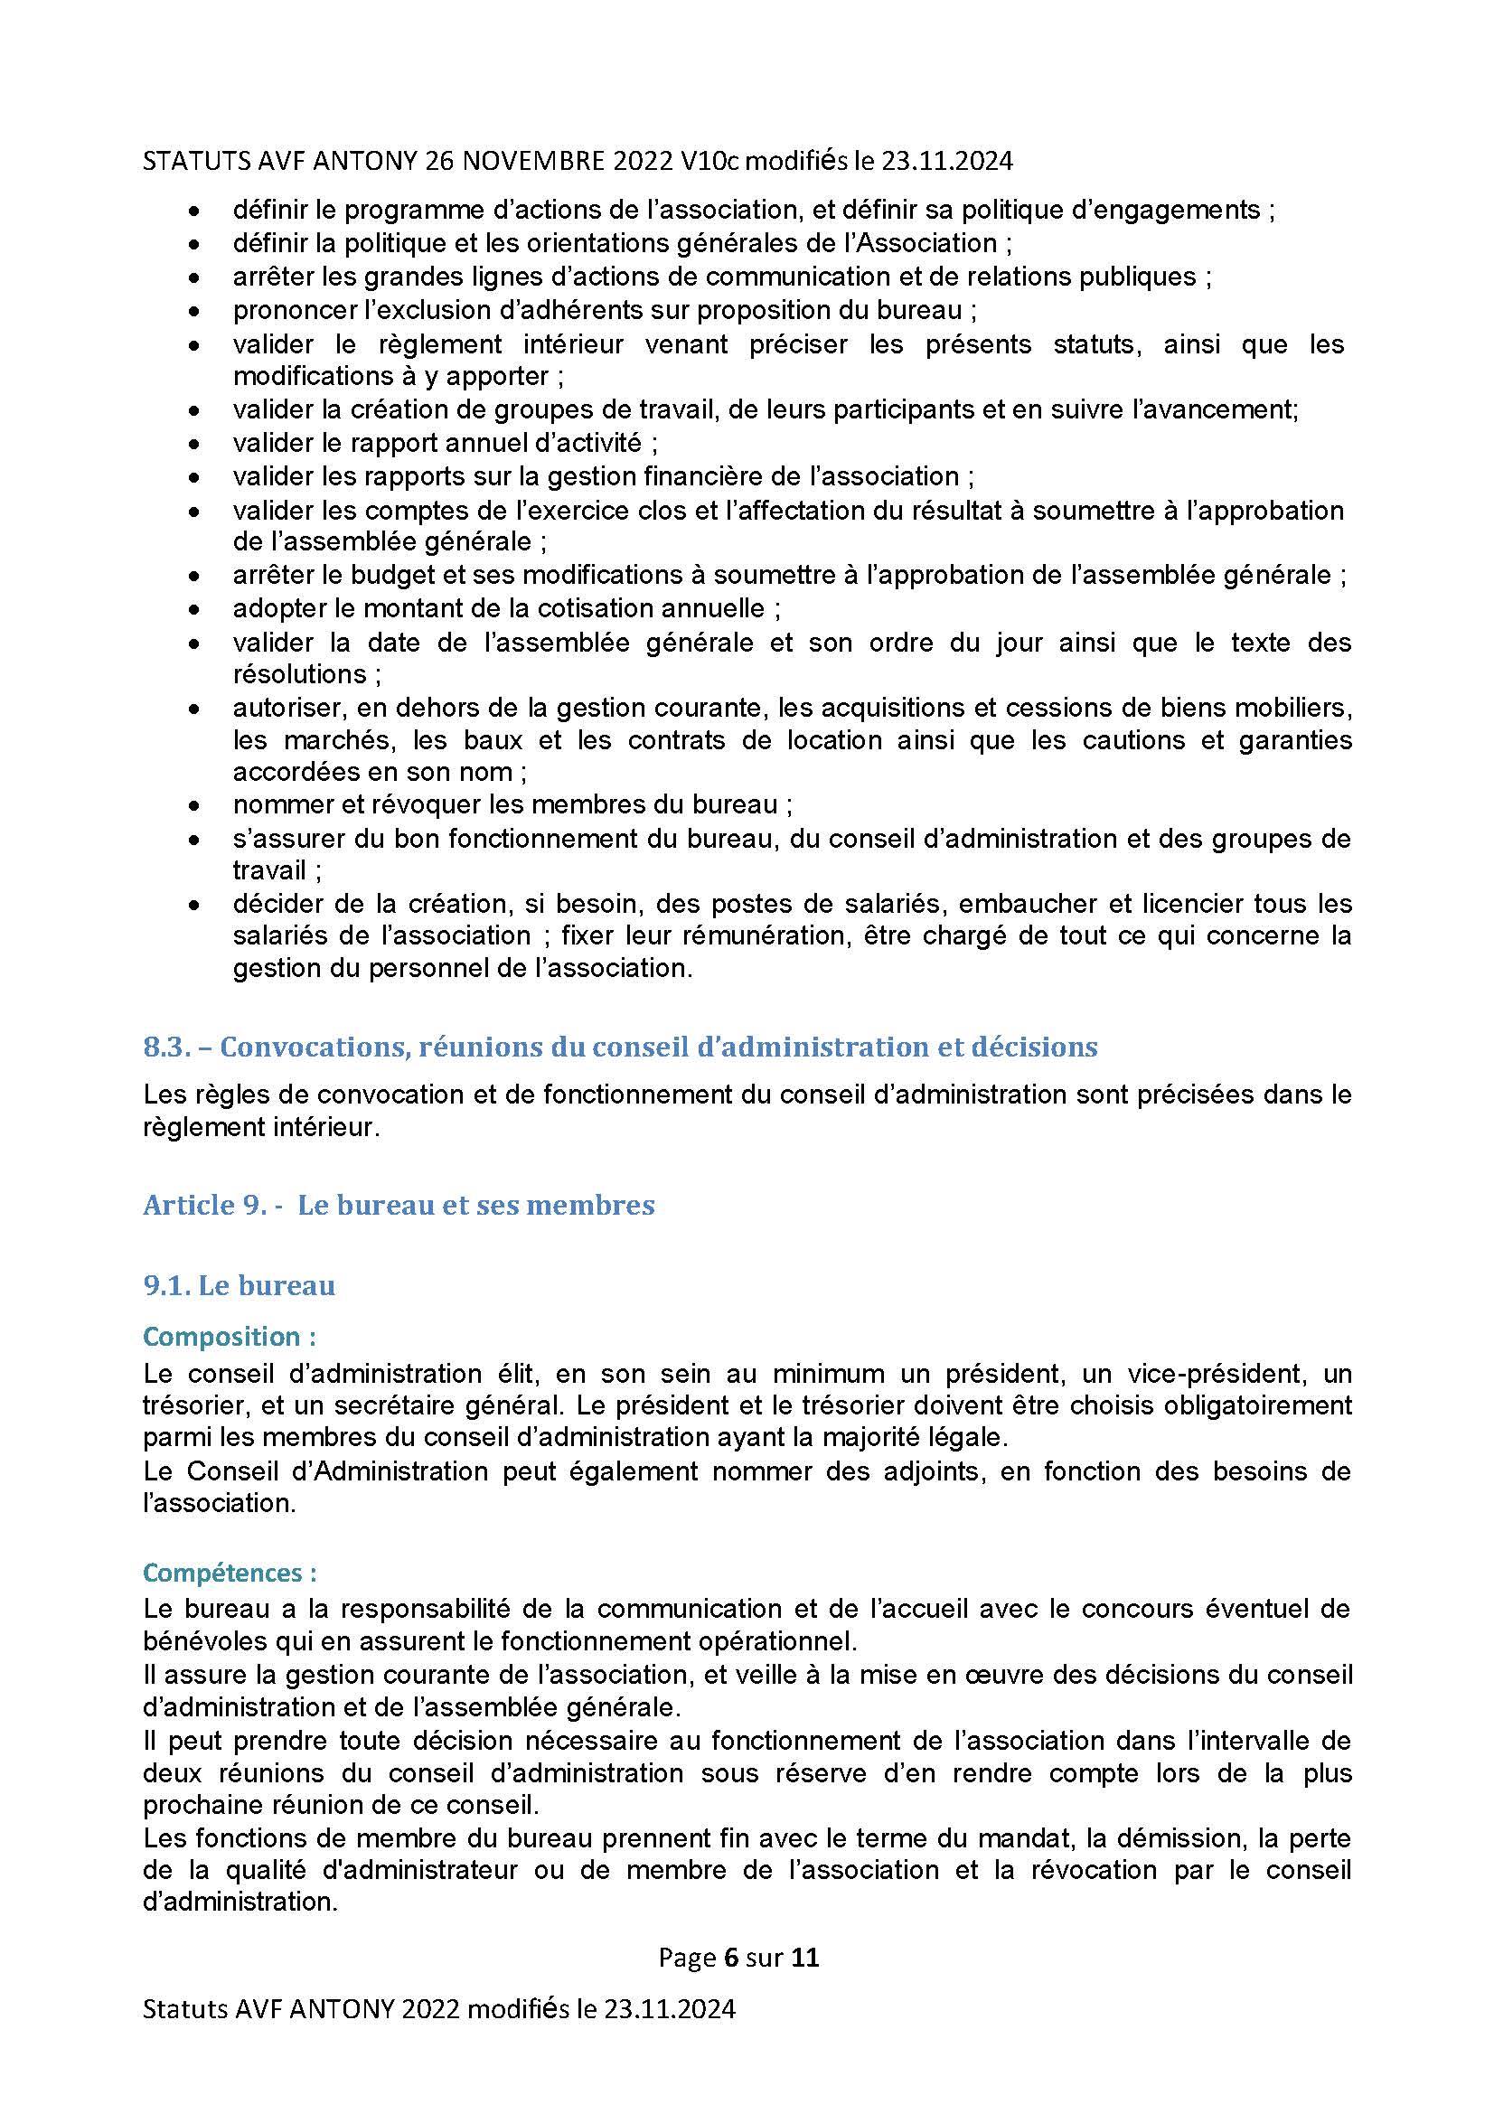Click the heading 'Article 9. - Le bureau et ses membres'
[399, 1206]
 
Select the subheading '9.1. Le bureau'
[239, 1285]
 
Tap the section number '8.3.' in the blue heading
[166, 1047]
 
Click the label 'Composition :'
[230, 1336]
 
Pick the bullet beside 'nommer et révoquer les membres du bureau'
[193, 805]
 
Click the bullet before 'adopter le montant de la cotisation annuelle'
[193, 608]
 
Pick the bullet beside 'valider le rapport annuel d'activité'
[193, 444]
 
